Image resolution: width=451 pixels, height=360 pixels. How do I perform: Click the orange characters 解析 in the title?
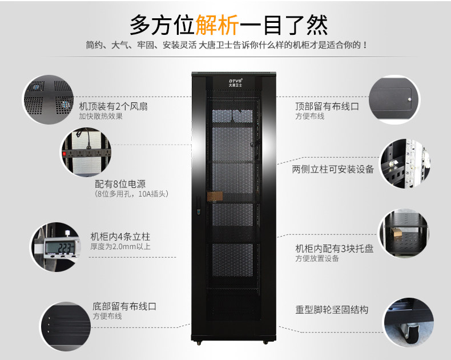(218, 25)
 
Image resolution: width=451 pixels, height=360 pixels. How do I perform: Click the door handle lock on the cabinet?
(198, 206)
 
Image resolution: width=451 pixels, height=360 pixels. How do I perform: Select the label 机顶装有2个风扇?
(114, 106)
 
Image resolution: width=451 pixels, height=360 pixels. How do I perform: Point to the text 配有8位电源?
(120, 184)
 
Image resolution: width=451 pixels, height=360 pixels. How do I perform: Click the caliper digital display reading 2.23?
(62, 247)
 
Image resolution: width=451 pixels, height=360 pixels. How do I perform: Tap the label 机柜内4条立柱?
(120, 237)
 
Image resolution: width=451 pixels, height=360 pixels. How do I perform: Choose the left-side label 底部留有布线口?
(124, 306)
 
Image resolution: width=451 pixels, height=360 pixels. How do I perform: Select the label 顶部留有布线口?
(327, 106)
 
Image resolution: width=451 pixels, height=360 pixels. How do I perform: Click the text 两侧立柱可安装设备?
(333, 169)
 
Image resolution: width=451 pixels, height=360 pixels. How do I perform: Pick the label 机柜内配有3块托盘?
(334, 248)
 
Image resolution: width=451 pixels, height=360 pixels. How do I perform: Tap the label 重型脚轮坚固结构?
(332, 310)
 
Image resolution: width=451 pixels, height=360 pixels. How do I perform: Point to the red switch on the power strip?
(65, 154)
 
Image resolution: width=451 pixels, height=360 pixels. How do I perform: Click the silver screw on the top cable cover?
(409, 99)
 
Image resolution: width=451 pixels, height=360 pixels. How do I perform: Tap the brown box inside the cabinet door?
(215, 197)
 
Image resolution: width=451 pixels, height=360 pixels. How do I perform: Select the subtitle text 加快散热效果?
(101, 117)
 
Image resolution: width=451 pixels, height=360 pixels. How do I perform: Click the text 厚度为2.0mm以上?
(120, 246)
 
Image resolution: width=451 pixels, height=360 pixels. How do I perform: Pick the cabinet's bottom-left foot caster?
(199, 343)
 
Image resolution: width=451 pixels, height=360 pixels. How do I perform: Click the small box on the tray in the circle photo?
(396, 232)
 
